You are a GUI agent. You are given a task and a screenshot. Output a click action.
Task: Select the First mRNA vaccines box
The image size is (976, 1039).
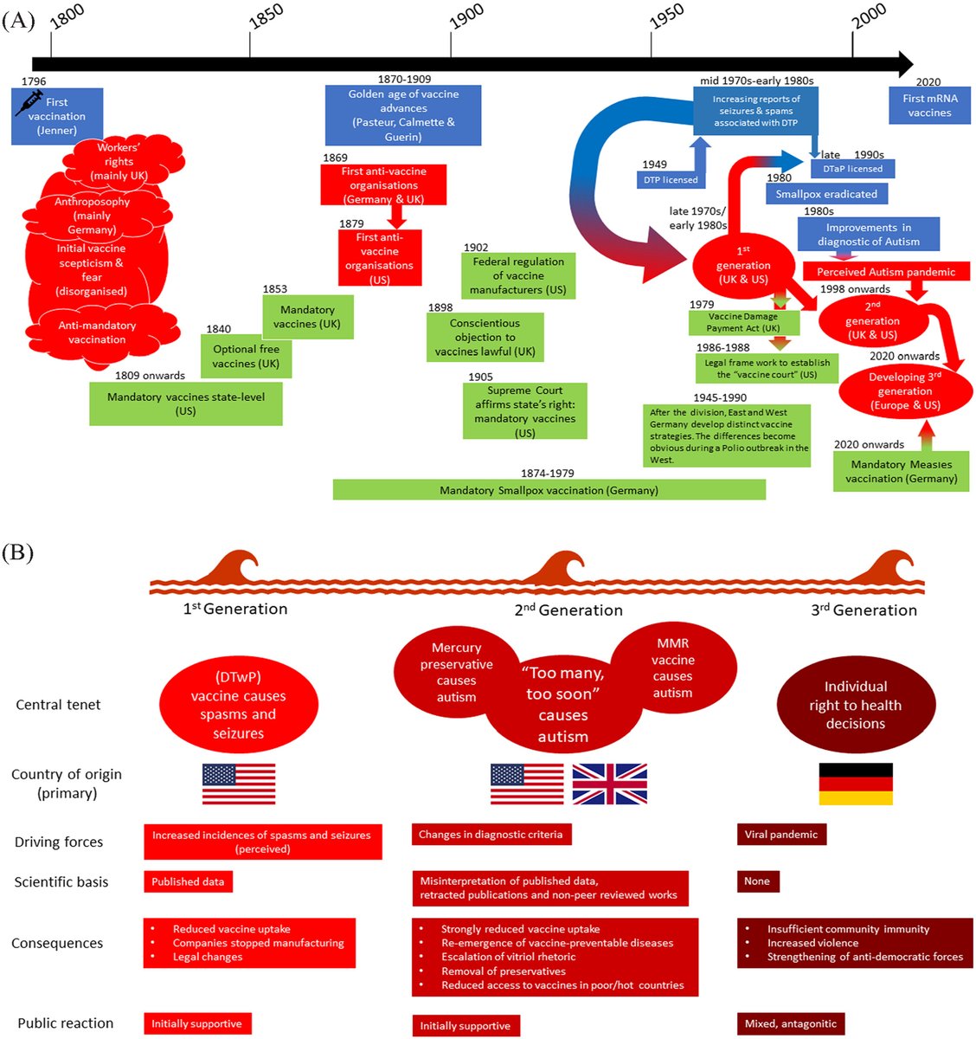[929, 106]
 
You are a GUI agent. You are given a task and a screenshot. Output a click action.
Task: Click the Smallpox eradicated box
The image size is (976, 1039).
[825, 194]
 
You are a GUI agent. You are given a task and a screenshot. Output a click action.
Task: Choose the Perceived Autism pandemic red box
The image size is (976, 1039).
[885, 272]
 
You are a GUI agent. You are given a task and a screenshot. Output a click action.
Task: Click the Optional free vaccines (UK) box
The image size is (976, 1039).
[246, 356]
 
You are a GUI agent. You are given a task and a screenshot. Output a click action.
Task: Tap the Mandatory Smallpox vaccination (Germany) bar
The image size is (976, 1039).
[549, 490]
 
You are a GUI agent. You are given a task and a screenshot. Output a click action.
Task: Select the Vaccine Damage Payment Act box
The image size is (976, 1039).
[743, 322]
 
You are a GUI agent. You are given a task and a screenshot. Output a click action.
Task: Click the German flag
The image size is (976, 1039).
[855, 784]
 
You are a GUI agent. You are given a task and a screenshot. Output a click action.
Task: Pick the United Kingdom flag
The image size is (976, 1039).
[609, 784]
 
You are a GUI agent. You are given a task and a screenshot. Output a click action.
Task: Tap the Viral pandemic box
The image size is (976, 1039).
[780, 835]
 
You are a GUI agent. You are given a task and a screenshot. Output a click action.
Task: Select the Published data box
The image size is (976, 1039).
[188, 881]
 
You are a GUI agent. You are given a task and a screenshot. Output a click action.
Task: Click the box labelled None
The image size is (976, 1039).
[757, 881]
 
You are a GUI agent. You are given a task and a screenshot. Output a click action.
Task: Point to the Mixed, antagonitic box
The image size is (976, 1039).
[790, 1023]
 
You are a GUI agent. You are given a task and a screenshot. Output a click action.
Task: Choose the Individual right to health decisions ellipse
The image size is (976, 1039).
[855, 706]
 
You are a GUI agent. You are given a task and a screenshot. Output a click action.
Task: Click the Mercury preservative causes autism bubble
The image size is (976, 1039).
[456, 673]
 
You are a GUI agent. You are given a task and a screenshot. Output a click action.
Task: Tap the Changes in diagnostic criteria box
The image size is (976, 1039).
[491, 835]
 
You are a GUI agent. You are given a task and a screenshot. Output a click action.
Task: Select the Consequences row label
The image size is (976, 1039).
[57, 943]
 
